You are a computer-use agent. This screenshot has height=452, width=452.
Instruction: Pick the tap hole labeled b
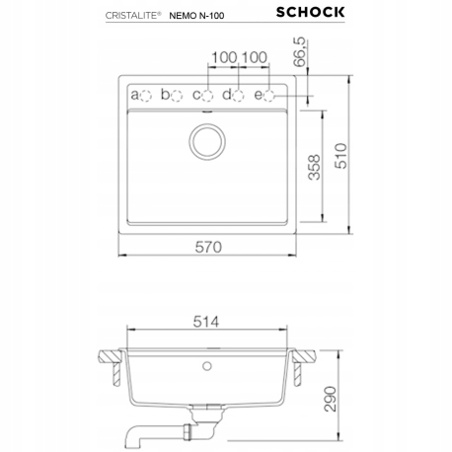(178, 95)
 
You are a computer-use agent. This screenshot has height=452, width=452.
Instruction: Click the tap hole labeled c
(208, 95)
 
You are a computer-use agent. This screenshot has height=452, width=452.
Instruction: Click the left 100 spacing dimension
(223, 58)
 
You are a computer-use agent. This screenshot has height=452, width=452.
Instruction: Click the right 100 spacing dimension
(255, 58)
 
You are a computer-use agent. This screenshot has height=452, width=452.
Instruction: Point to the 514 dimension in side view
(206, 321)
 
